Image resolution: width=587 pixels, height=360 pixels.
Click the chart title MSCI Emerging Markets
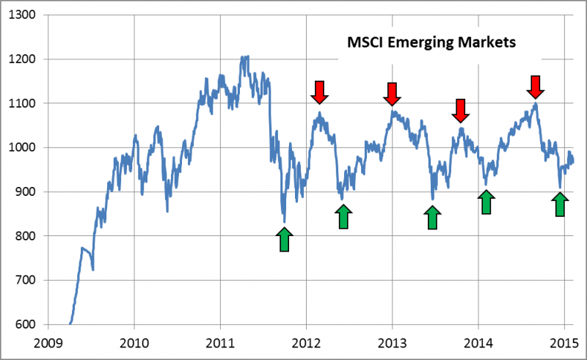click(432, 43)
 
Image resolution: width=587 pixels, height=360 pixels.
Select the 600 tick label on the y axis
click(26, 324)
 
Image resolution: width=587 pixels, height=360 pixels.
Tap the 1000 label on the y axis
click(23, 147)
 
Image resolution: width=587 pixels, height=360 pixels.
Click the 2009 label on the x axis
click(48, 341)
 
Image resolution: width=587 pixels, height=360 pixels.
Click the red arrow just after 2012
click(319, 92)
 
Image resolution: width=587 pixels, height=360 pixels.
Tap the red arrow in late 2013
click(460, 110)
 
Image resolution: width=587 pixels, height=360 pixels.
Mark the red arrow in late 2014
click(536, 87)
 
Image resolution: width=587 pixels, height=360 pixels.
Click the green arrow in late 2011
click(285, 240)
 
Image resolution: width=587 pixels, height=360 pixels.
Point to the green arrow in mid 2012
click(343, 217)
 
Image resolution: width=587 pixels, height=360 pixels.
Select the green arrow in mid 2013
click(432, 217)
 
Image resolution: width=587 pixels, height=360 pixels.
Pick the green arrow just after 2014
click(486, 202)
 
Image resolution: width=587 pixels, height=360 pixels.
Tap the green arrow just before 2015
click(560, 205)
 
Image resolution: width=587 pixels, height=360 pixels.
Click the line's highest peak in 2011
click(245, 56)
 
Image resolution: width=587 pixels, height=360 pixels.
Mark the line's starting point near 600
click(70, 323)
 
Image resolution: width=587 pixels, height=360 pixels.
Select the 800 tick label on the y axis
click(26, 236)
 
